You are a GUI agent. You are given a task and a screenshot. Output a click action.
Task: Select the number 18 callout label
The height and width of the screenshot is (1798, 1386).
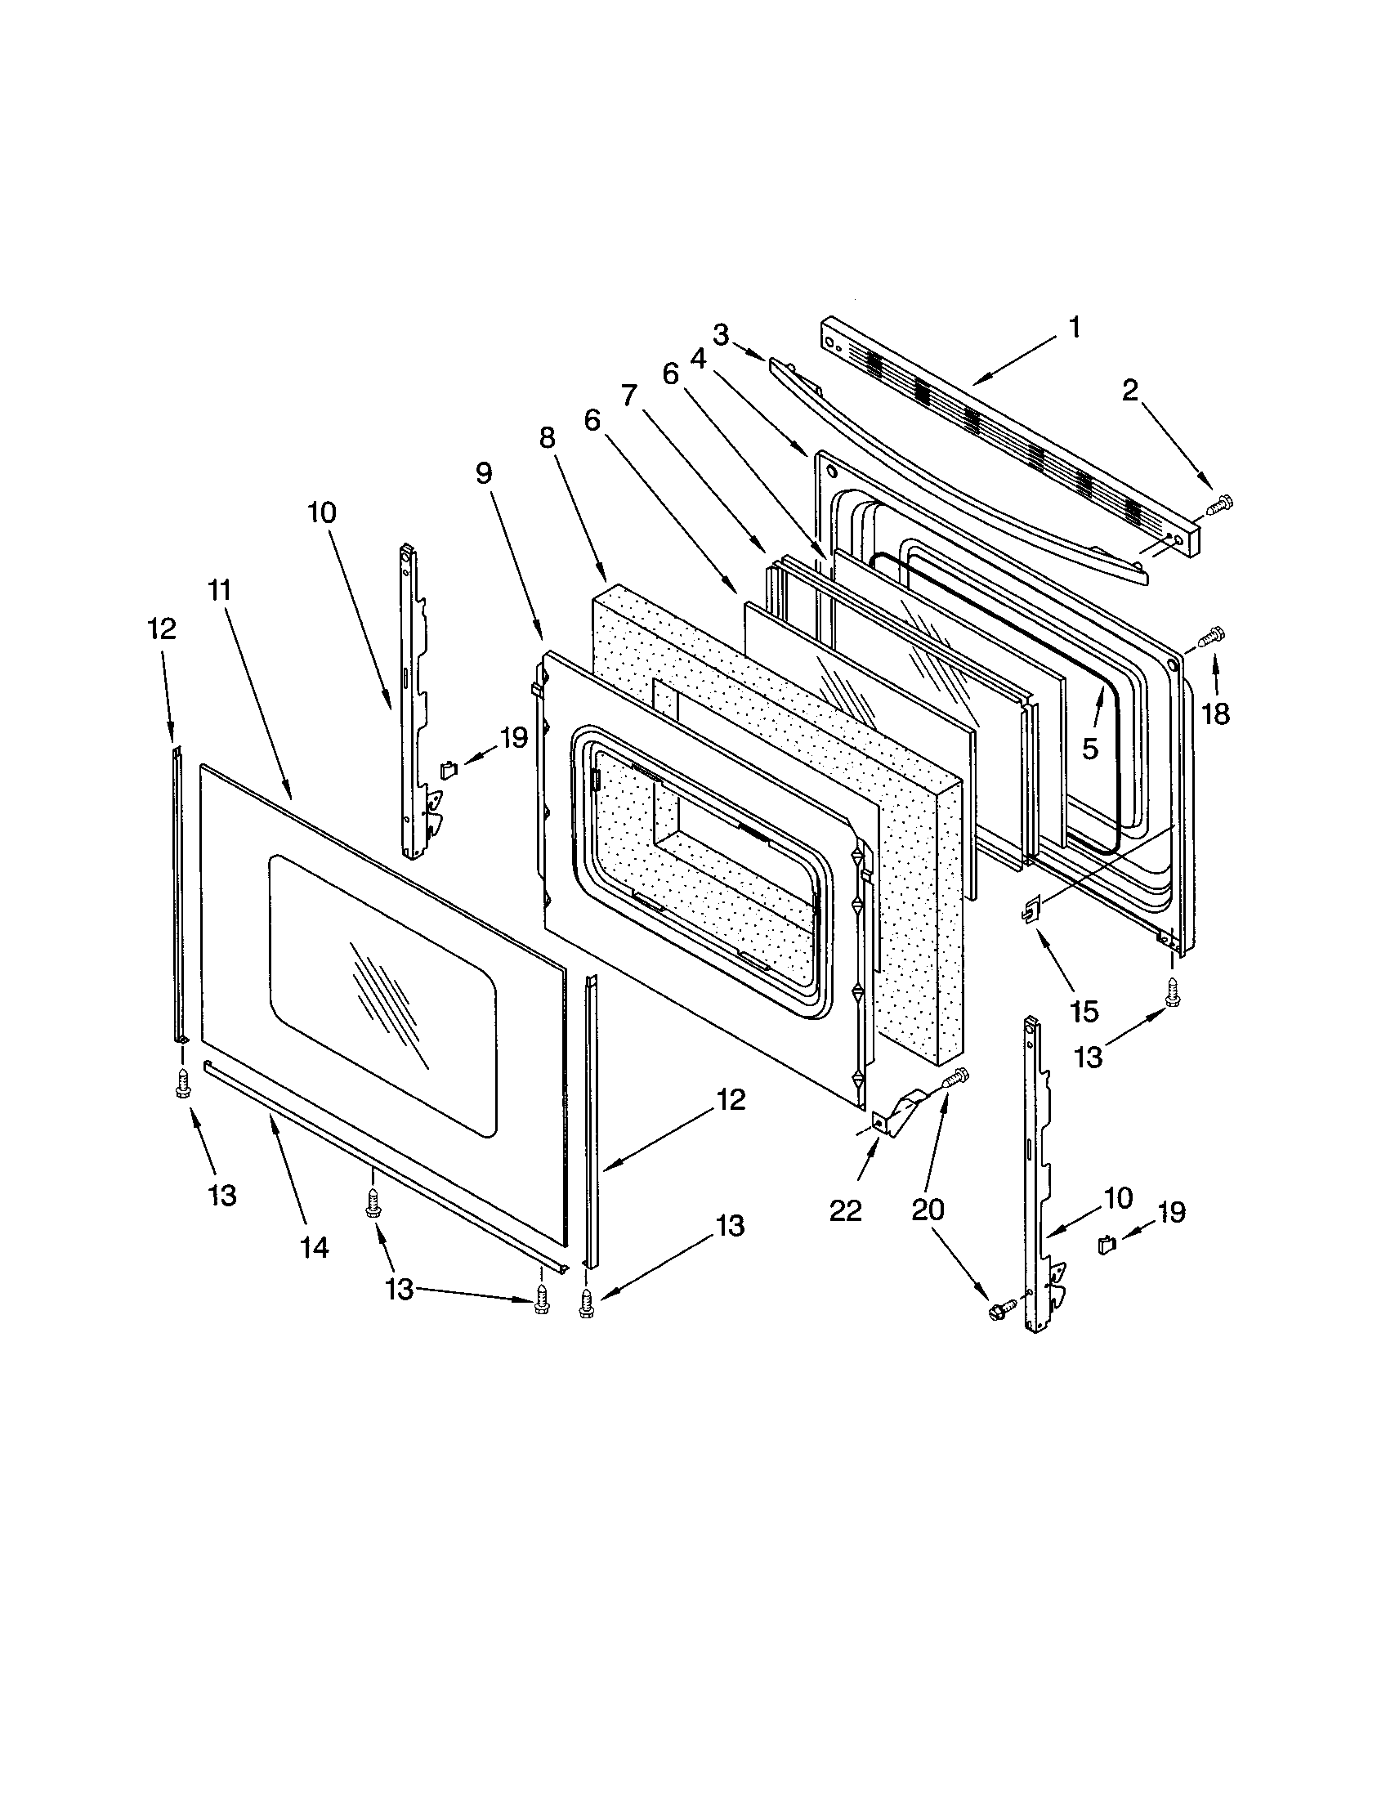pyautogui.click(x=1216, y=713)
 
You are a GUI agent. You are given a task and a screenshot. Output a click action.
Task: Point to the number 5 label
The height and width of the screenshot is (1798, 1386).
pyautogui.click(x=1089, y=749)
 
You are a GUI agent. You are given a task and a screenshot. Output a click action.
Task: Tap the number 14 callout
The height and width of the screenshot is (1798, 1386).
pyautogui.click(x=315, y=1248)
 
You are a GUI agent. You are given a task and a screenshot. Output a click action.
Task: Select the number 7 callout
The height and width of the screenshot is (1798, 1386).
pyautogui.click(x=629, y=396)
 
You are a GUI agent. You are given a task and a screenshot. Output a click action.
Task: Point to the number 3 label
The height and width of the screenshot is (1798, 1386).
pyautogui.click(x=721, y=335)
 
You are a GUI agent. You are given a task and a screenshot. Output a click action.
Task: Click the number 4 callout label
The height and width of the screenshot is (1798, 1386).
pyautogui.click(x=698, y=359)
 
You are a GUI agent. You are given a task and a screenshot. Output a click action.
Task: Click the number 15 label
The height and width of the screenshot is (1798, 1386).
pyautogui.click(x=1084, y=1012)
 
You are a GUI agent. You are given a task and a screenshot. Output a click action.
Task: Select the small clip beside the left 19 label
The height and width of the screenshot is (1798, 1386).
pyautogui.click(x=448, y=769)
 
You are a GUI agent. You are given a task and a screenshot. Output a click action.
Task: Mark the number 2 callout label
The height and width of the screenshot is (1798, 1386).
pyautogui.click(x=1130, y=390)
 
